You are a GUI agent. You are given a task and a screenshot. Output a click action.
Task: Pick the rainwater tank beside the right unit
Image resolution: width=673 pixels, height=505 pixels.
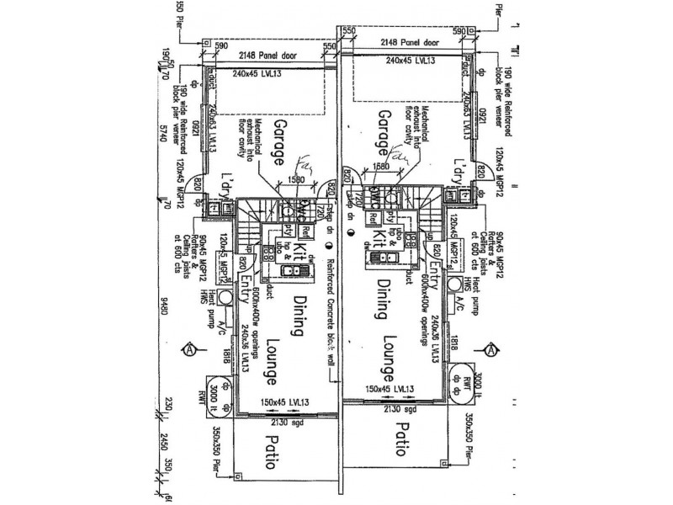(461, 380)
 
